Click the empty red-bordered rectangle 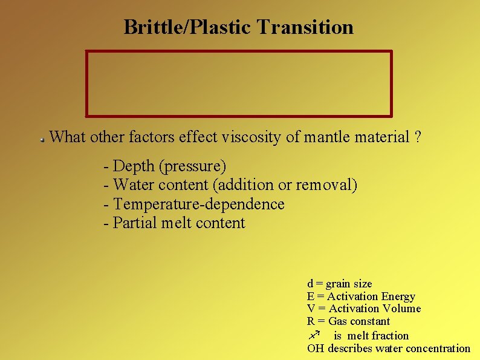[x=239, y=83]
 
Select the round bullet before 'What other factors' [x=43, y=139]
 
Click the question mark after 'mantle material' [x=418, y=137]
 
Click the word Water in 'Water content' [x=134, y=185]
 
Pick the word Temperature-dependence [x=198, y=204]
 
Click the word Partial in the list [x=135, y=223]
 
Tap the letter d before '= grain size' [x=310, y=284]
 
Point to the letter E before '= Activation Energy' [x=311, y=296]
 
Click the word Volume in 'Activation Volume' [x=401, y=309]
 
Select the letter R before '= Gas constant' [x=311, y=321]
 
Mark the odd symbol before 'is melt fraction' [x=314, y=335]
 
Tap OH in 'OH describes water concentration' [x=315, y=348]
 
